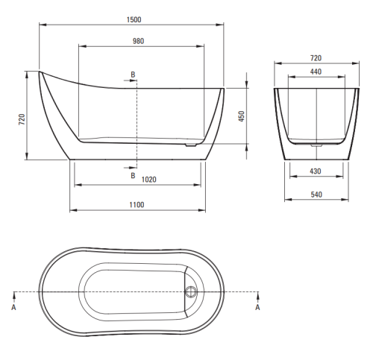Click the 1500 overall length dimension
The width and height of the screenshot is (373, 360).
click(134, 19)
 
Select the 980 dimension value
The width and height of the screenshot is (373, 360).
click(138, 41)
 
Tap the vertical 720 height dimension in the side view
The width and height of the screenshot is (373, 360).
click(22, 119)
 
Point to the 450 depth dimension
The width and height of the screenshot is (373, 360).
click(242, 116)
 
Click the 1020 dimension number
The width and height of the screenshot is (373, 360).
click(148, 180)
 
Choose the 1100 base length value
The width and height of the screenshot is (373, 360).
click(137, 205)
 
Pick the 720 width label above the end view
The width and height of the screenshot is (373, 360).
click(316, 58)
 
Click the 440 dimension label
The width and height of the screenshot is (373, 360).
click(316, 72)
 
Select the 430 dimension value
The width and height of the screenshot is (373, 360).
click(316, 171)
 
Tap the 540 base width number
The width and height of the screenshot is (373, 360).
click(316, 195)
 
